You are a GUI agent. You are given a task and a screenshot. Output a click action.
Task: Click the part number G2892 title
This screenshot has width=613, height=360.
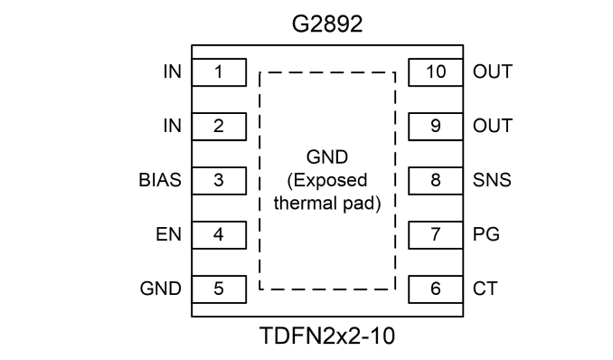pos(327,24)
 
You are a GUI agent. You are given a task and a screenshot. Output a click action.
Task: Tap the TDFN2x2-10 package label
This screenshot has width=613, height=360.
pos(327,336)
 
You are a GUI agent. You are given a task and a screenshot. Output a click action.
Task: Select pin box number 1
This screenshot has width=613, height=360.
pos(219,72)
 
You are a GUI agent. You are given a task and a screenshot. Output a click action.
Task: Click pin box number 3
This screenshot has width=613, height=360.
pos(219,180)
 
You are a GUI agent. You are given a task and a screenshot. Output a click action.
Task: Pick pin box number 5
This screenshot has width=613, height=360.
pos(219,289)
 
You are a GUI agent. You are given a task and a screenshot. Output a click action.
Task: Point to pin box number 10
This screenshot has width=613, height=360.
pos(436,72)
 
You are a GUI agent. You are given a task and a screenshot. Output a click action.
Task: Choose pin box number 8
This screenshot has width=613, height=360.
pos(436,180)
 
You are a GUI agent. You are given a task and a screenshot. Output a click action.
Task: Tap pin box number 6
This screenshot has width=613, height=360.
pos(436,289)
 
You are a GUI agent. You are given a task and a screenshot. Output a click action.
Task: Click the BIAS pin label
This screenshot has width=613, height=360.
pos(160,180)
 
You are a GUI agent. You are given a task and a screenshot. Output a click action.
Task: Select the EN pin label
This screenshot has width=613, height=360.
pos(168,234)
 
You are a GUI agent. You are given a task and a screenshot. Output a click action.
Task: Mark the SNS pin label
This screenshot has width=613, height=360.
pos(492,180)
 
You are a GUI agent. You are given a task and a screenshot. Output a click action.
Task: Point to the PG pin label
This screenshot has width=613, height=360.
pos(486,234)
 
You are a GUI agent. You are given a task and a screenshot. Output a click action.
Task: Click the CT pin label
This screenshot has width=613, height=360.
pos(486,289)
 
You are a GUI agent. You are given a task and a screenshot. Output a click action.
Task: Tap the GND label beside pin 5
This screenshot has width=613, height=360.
pos(161,289)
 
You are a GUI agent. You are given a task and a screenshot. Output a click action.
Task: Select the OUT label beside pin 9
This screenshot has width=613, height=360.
pos(493,126)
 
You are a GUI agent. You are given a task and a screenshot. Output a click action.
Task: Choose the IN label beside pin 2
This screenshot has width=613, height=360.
pos(173,126)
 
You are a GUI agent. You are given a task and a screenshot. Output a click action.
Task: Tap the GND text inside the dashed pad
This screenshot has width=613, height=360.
pos(326,157)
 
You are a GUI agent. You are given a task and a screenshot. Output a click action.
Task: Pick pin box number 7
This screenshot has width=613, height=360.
pos(436,235)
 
